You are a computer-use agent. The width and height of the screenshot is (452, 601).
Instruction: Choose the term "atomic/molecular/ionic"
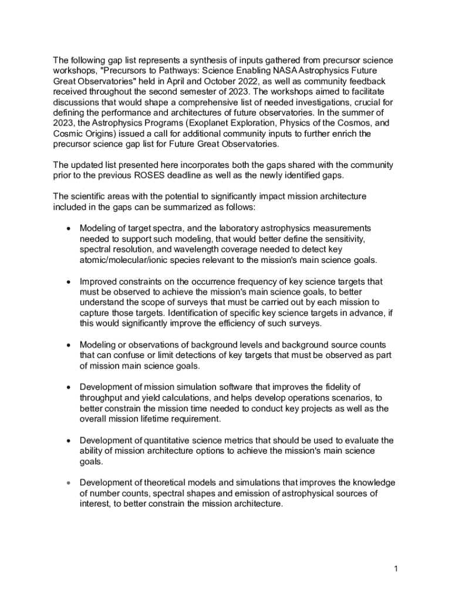[x=127, y=259]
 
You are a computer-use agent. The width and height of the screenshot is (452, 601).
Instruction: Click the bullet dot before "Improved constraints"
[x=69, y=282]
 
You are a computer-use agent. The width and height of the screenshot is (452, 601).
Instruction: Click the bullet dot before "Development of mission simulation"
[x=69, y=387]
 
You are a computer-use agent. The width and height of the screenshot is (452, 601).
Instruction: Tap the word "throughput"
[x=103, y=397]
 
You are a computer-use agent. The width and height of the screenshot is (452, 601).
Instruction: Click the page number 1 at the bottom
[x=397, y=569]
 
